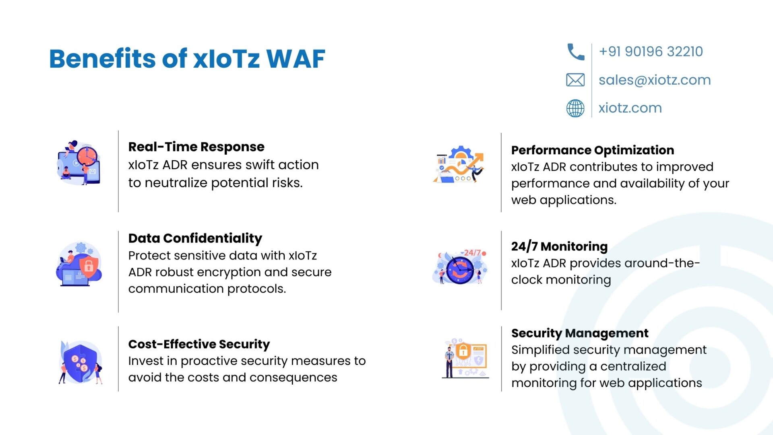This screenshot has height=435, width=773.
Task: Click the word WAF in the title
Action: [296, 59]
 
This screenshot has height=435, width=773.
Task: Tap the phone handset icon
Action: [575, 52]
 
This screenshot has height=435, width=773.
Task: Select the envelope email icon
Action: [575, 80]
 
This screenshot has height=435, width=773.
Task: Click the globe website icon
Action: [575, 108]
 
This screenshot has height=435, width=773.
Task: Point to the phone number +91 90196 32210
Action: [651, 52]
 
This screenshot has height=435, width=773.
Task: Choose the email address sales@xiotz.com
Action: [655, 80]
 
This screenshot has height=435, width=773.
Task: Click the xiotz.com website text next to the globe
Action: [630, 108]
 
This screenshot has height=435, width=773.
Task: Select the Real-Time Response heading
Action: [196, 147]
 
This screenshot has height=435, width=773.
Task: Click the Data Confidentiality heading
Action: [195, 238]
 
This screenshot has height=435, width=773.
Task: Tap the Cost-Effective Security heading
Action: [199, 344]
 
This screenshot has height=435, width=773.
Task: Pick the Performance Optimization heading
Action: [593, 150]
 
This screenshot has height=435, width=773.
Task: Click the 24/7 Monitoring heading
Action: [559, 246]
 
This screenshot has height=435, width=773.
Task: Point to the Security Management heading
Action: [580, 333]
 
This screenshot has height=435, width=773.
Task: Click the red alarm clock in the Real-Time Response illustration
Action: [87, 156]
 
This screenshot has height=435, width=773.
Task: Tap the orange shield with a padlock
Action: [89, 265]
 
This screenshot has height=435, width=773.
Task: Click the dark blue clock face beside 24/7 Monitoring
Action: [460, 270]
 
